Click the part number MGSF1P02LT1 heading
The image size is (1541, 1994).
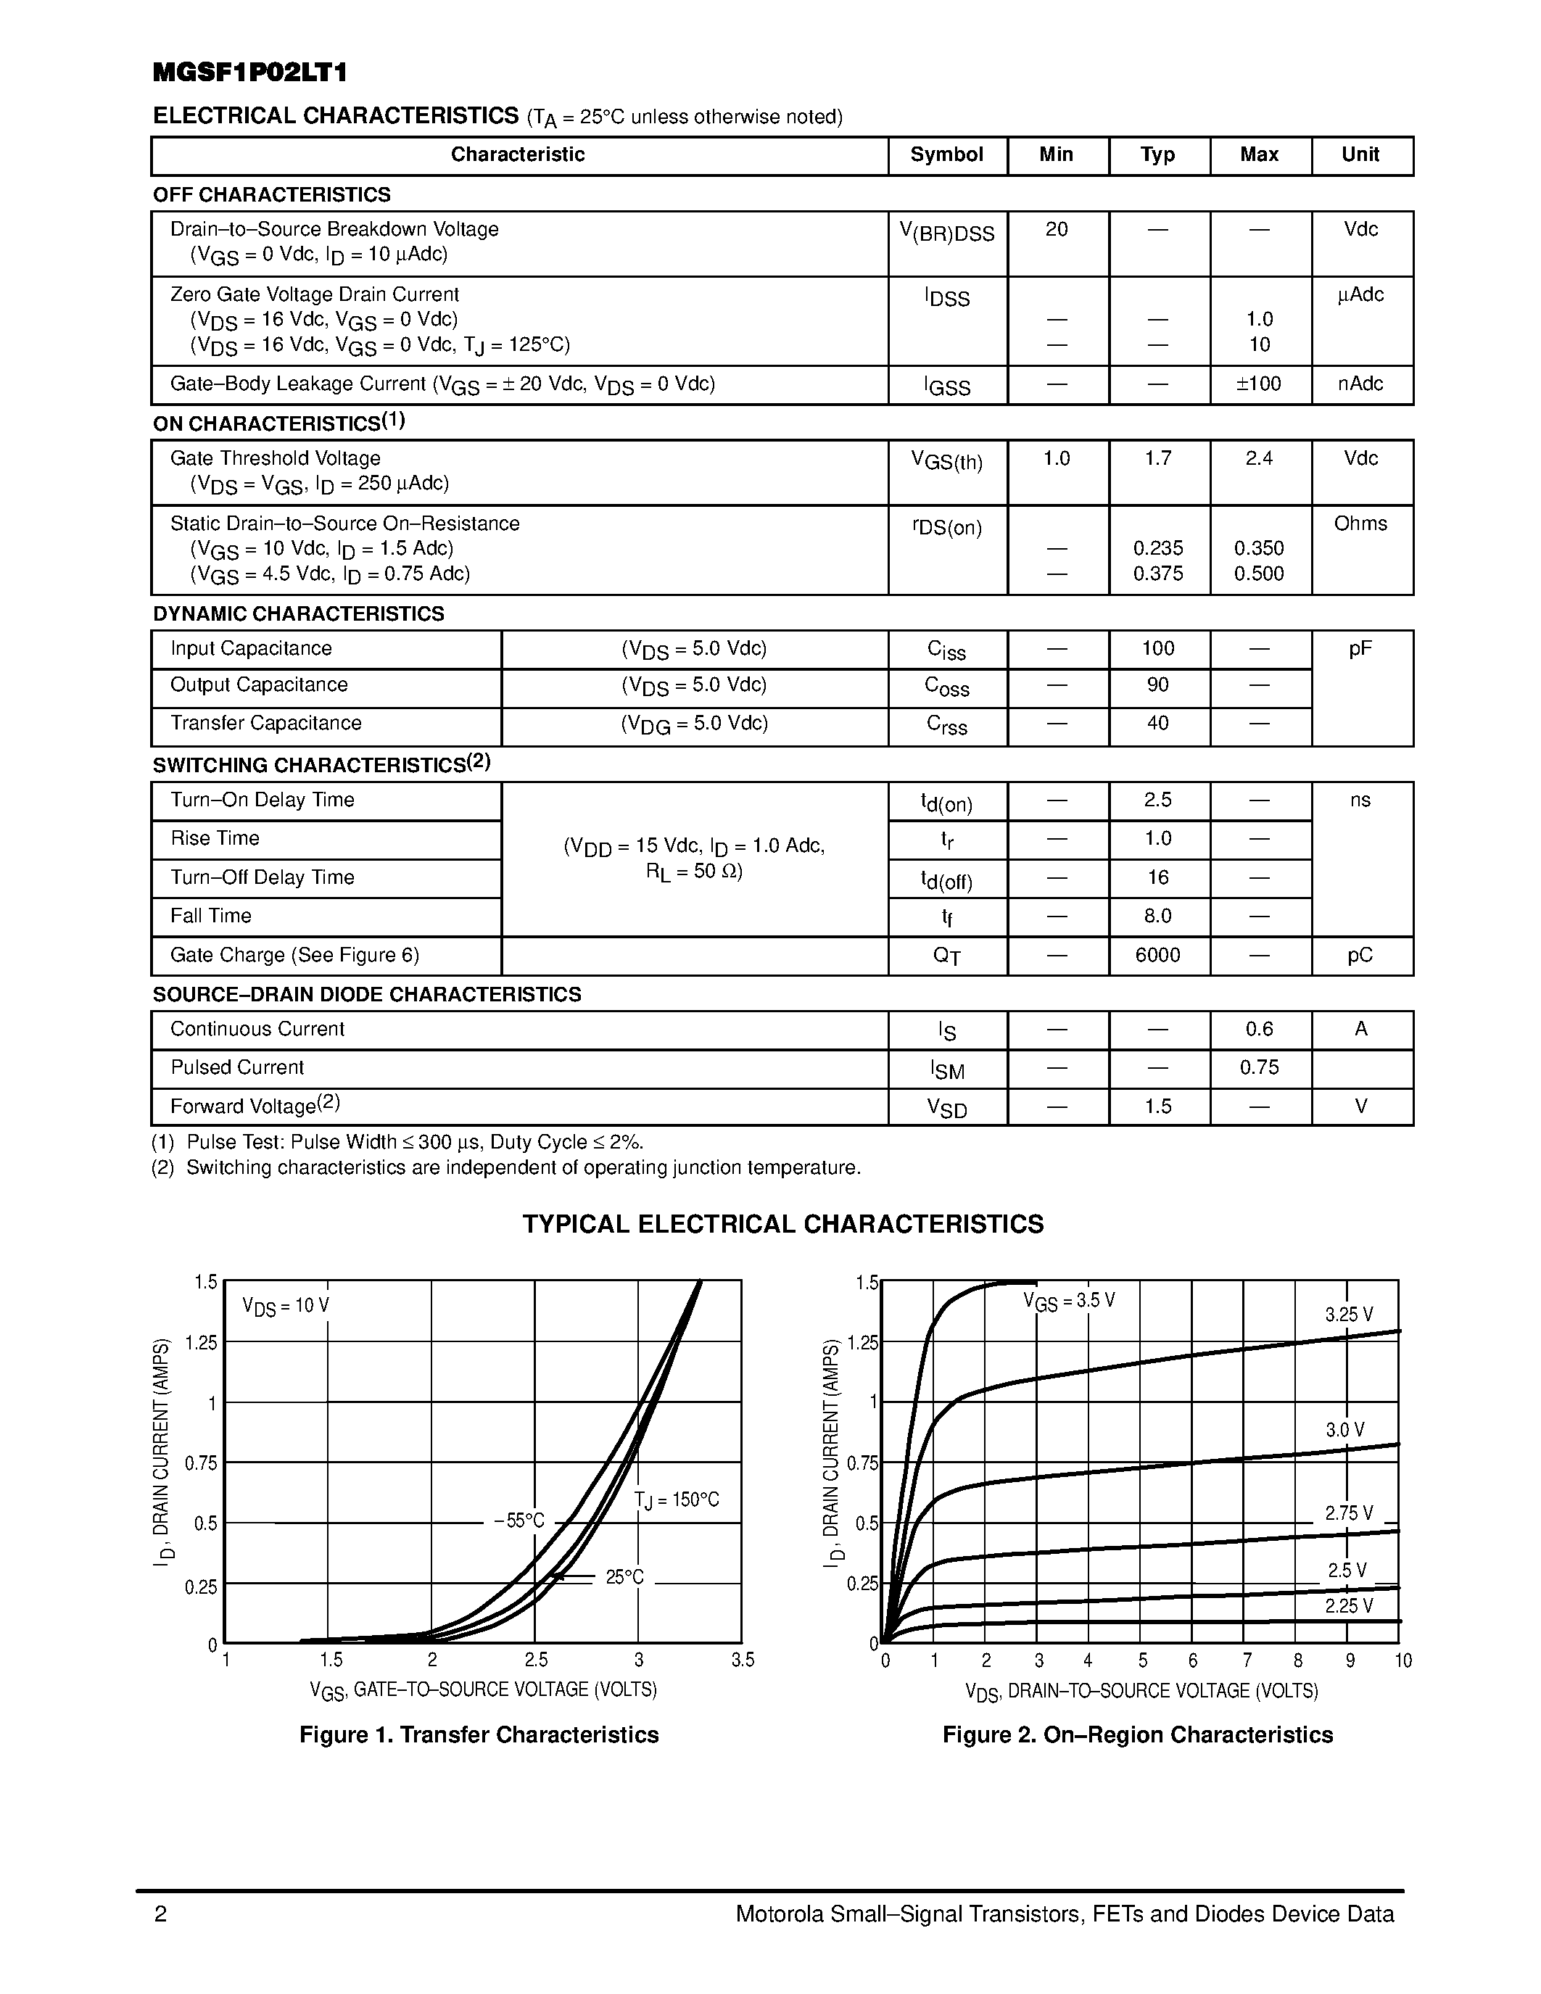coord(250,73)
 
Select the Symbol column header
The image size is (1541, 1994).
coord(946,154)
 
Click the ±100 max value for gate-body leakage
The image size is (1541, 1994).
coord(1258,384)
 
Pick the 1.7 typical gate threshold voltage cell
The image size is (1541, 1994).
coord(1157,458)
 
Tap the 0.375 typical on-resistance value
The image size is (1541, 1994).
coord(1157,574)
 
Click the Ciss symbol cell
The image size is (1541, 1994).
coord(946,650)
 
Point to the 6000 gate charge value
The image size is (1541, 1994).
coord(1157,955)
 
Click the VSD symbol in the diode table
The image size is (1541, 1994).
coord(946,1107)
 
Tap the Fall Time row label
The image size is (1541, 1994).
coord(211,916)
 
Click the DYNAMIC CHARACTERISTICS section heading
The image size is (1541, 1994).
coord(299,613)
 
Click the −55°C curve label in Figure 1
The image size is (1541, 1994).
coord(519,1521)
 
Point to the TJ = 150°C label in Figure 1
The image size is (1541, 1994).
coord(677,1500)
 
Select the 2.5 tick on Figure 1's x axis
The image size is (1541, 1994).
coord(536,1660)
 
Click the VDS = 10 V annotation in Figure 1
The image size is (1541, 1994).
coord(286,1307)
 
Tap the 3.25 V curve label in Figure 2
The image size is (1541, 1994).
coord(1348,1315)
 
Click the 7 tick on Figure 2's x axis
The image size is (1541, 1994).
coord(1246,1660)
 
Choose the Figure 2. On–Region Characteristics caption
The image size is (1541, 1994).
coord(1138,1734)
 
